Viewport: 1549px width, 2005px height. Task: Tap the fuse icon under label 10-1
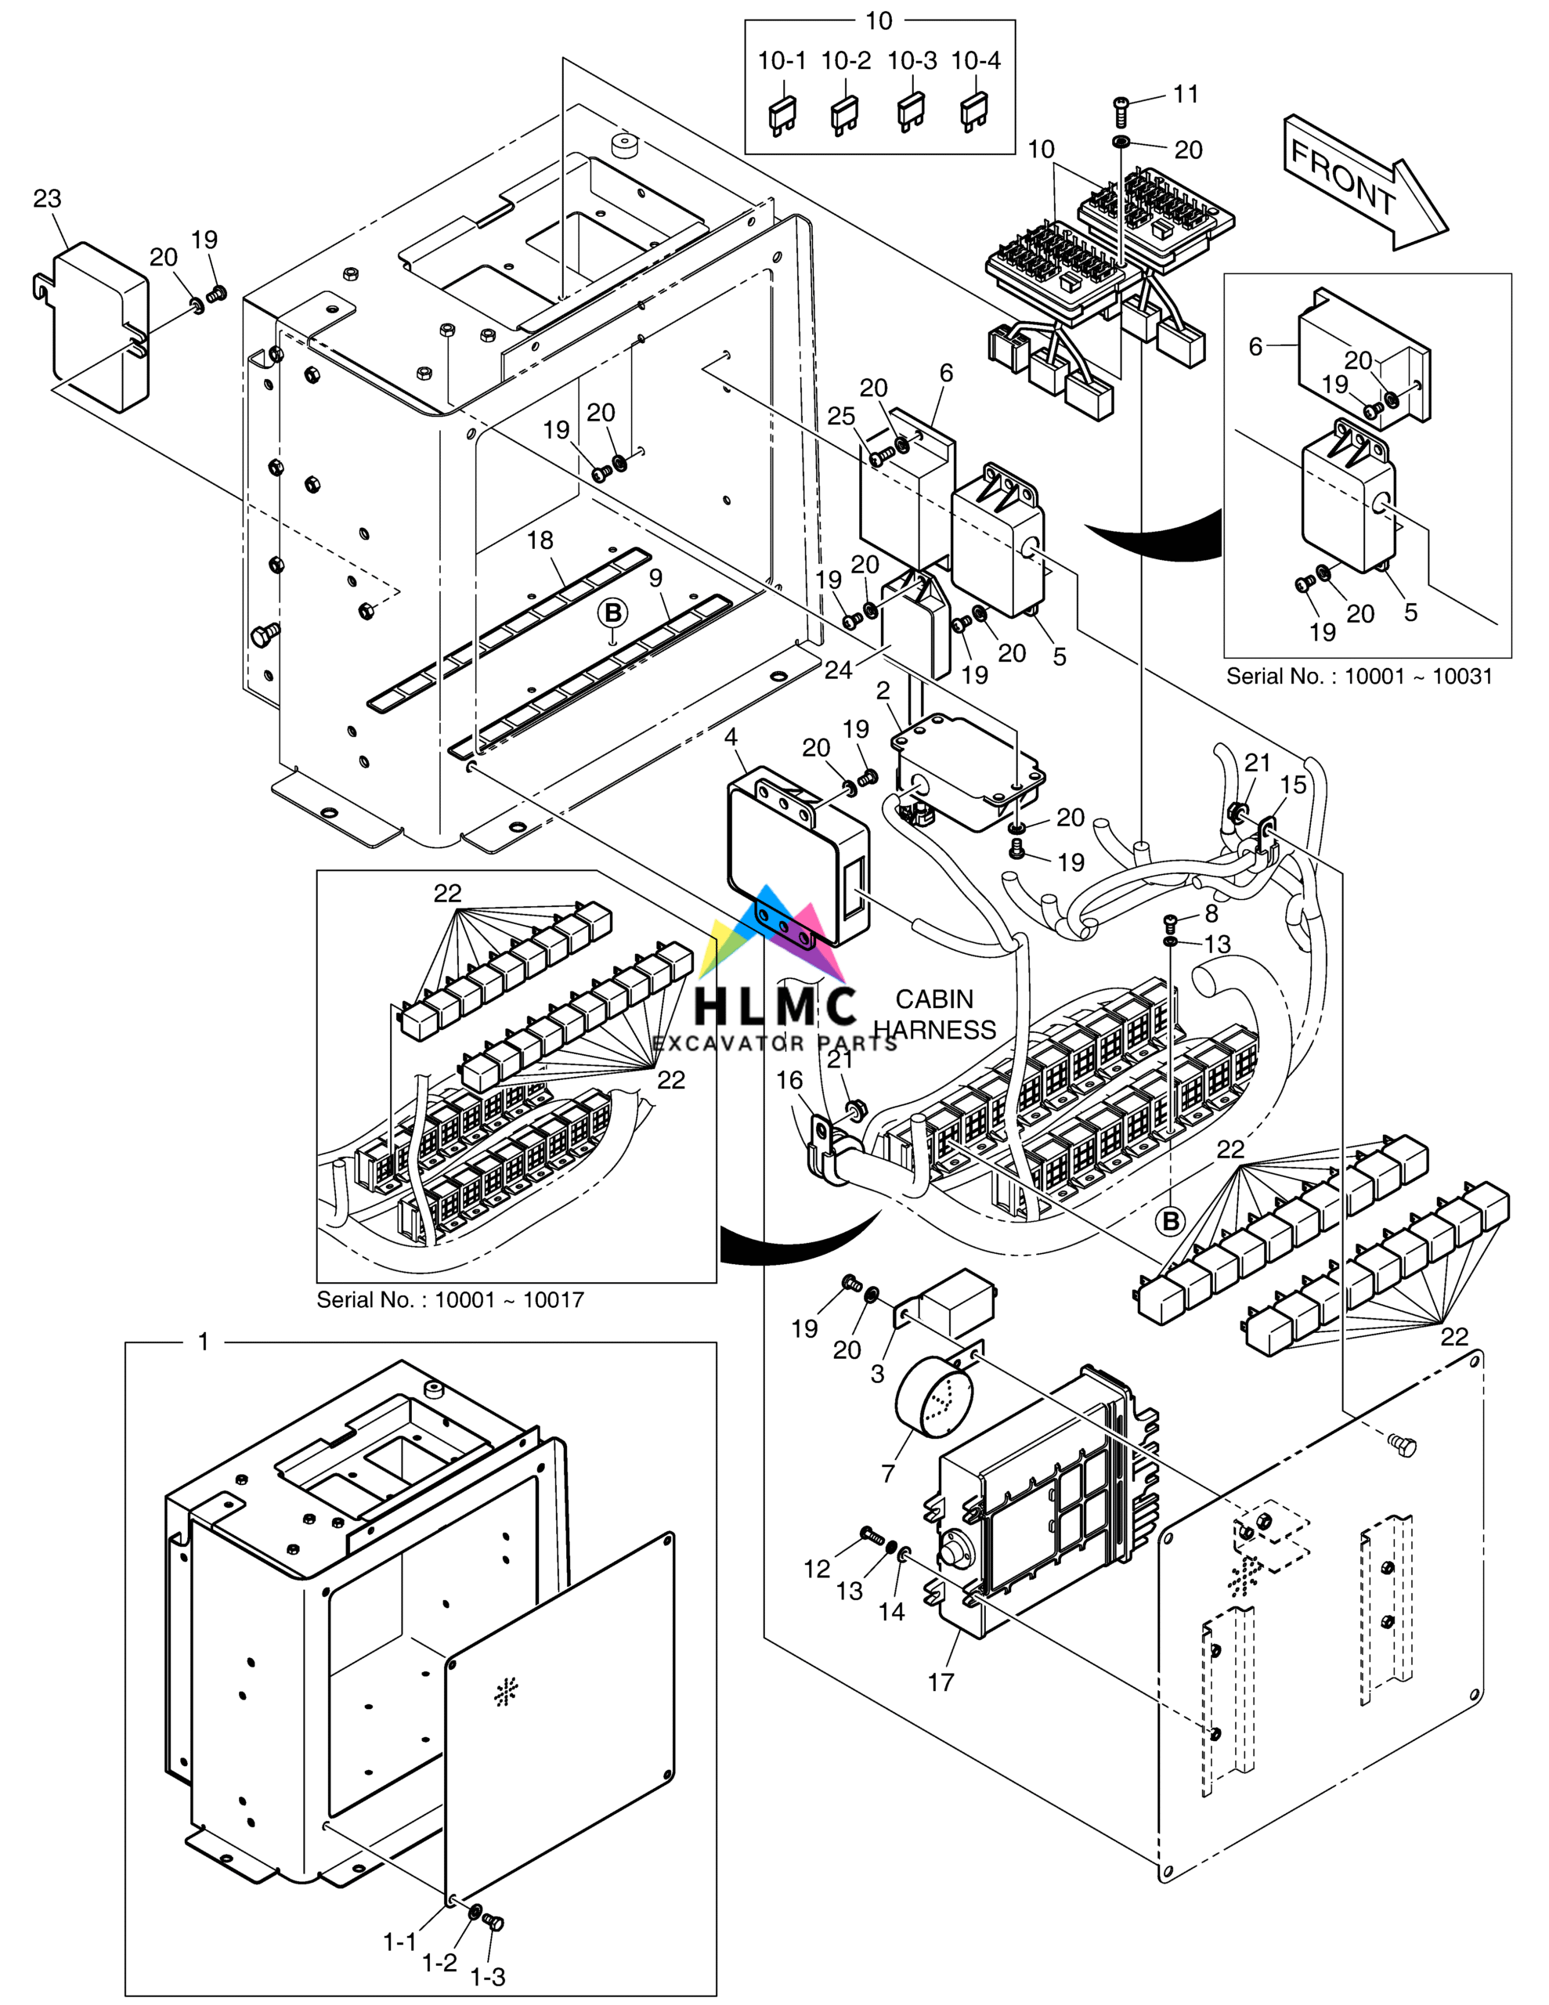pos(782,115)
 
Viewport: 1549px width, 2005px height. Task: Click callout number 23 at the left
pos(47,198)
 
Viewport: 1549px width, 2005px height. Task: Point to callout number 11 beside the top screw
pos(1186,94)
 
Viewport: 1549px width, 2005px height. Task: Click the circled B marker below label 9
pos(612,613)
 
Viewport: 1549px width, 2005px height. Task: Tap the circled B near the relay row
pos(1171,1221)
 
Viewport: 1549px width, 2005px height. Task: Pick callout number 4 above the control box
pos(731,737)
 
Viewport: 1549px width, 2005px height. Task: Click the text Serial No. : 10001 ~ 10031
pos(1359,677)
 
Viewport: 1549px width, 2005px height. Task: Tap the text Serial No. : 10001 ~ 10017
pos(450,1300)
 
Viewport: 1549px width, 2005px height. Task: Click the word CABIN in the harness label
pos(933,999)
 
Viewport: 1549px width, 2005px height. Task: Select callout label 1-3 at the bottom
pos(488,1977)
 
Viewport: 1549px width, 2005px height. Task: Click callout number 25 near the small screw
pos(841,416)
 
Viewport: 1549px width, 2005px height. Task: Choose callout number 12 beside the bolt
pos(816,1569)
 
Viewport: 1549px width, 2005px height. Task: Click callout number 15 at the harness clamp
pos(1293,785)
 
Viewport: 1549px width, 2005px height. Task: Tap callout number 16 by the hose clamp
pos(789,1081)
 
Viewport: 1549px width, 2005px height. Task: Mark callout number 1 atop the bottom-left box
pos(204,1342)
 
